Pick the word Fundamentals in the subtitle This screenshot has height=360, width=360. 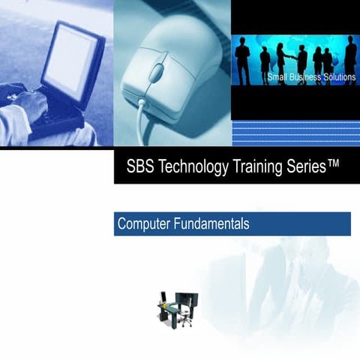211,223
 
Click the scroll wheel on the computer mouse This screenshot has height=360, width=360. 157,73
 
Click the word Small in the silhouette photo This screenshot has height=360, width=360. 279,78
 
